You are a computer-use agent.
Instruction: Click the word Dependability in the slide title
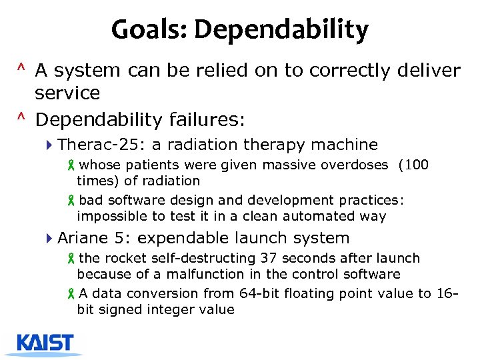point(281,30)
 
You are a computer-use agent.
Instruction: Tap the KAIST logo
point(45,343)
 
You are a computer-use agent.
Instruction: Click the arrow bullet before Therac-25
point(51,145)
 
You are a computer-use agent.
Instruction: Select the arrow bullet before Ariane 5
point(51,238)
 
